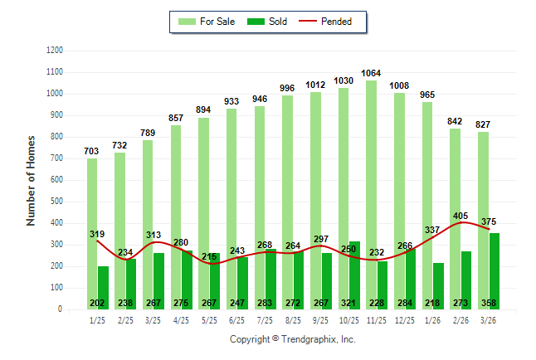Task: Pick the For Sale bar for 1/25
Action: (x=92, y=232)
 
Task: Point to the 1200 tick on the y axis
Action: (x=56, y=51)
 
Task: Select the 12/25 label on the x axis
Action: (x=404, y=320)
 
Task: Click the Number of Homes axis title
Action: (x=31, y=180)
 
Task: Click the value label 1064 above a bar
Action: (x=370, y=73)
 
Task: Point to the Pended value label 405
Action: (x=460, y=216)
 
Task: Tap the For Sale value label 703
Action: (x=92, y=151)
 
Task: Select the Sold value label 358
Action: (x=490, y=304)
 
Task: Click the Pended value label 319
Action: (x=98, y=235)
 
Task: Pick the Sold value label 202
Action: (x=98, y=304)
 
